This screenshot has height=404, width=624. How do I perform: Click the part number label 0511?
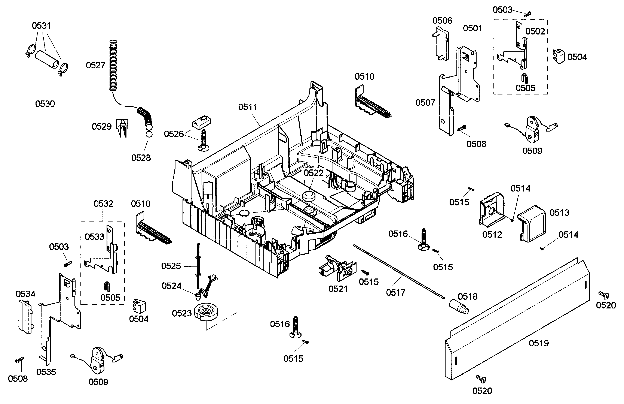248,107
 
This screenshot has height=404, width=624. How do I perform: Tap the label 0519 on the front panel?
539,343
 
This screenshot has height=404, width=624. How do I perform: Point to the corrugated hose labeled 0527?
113,67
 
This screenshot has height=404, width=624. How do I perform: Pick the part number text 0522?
313,173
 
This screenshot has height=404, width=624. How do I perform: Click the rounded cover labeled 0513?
533,223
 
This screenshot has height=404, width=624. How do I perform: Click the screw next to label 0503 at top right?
527,14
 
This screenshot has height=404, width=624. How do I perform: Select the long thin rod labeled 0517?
398,272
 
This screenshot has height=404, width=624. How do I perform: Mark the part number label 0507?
425,103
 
